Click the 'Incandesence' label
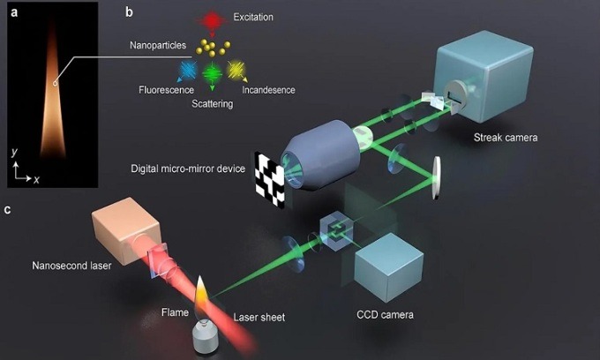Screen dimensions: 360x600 [267, 89]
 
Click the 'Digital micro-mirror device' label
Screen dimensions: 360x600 [186, 168]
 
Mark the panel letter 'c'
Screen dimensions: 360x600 [8, 209]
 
